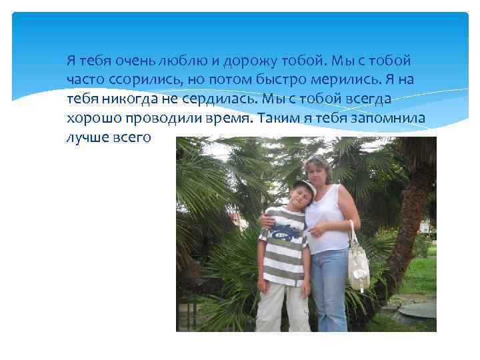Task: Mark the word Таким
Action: (277, 119)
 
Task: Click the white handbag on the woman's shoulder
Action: (358, 267)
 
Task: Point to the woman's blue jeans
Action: (329, 287)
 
